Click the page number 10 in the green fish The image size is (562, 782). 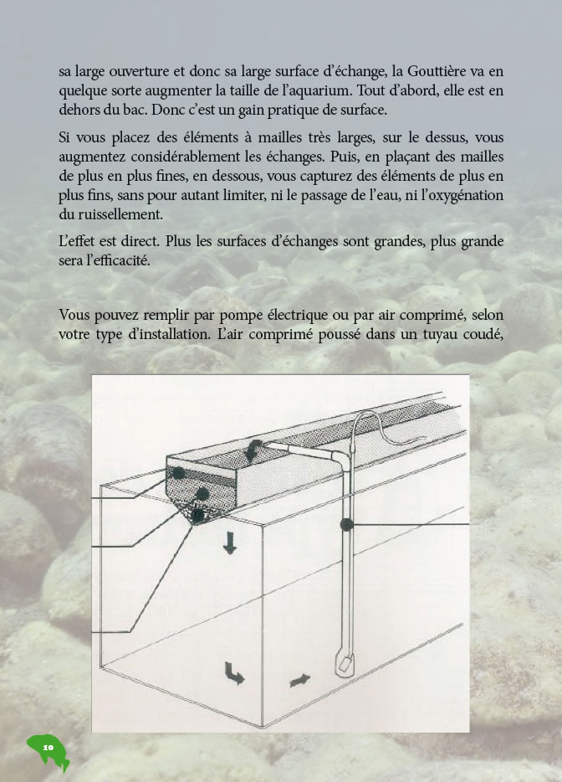pos(48,745)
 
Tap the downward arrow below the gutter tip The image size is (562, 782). pos(229,543)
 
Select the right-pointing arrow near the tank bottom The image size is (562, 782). pos(299,679)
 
